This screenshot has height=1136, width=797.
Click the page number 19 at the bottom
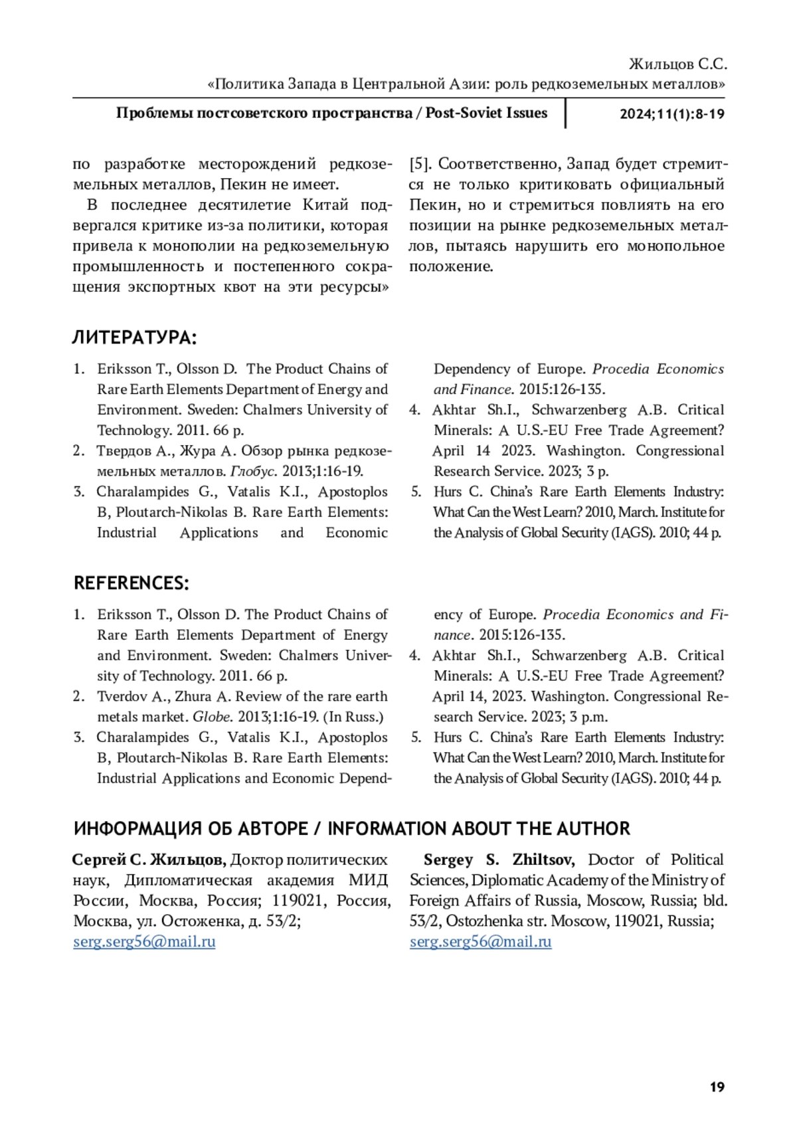point(717,1087)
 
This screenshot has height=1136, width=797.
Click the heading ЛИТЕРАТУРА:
point(134,337)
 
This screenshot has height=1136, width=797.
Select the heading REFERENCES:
point(132,583)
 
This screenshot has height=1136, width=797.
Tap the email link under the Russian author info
point(144,941)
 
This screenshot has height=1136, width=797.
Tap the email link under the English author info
point(480,941)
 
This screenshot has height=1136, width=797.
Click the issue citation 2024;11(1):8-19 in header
point(671,114)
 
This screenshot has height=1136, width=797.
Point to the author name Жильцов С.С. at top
point(677,64)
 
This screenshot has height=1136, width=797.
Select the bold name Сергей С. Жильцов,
point(149,860)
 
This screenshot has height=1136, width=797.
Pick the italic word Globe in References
point(212,717)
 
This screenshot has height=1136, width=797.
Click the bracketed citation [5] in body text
point(420,163)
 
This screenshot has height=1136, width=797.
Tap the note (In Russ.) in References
point(353,717)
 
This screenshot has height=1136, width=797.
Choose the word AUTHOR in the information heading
point(593,829)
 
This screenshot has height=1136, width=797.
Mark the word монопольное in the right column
point(675,246)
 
